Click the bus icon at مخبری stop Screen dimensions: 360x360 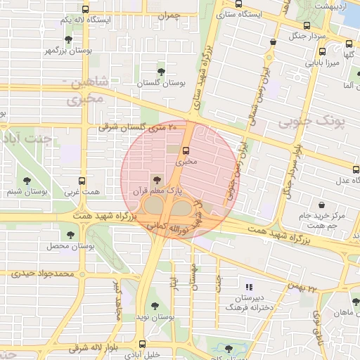186,150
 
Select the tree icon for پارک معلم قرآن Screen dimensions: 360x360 156,180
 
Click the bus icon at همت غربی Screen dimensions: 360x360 82,181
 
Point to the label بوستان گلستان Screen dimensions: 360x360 162,83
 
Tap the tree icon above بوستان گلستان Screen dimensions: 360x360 162,72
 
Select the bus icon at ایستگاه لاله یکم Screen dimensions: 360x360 85,10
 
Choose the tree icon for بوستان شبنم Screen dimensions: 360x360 27,181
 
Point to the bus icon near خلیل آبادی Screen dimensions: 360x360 143,345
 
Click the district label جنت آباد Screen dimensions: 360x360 28,139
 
